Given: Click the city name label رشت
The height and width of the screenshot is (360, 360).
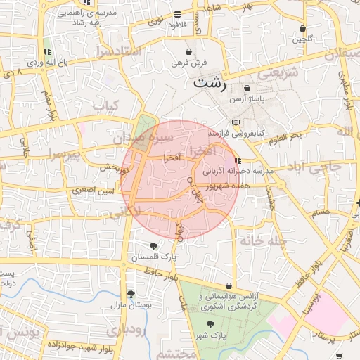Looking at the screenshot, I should (209, 84).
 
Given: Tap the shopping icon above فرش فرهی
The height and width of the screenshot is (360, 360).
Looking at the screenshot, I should (188, 51).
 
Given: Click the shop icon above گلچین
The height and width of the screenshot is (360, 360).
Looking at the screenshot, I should (303, 29).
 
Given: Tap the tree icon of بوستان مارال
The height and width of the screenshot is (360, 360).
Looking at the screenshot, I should (130, 295).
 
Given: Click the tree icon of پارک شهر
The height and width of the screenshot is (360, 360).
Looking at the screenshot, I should (210, 324).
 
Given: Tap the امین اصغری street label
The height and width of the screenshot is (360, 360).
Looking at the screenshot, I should (89, 191).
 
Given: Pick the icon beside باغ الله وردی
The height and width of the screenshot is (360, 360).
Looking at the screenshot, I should (47, 52).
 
